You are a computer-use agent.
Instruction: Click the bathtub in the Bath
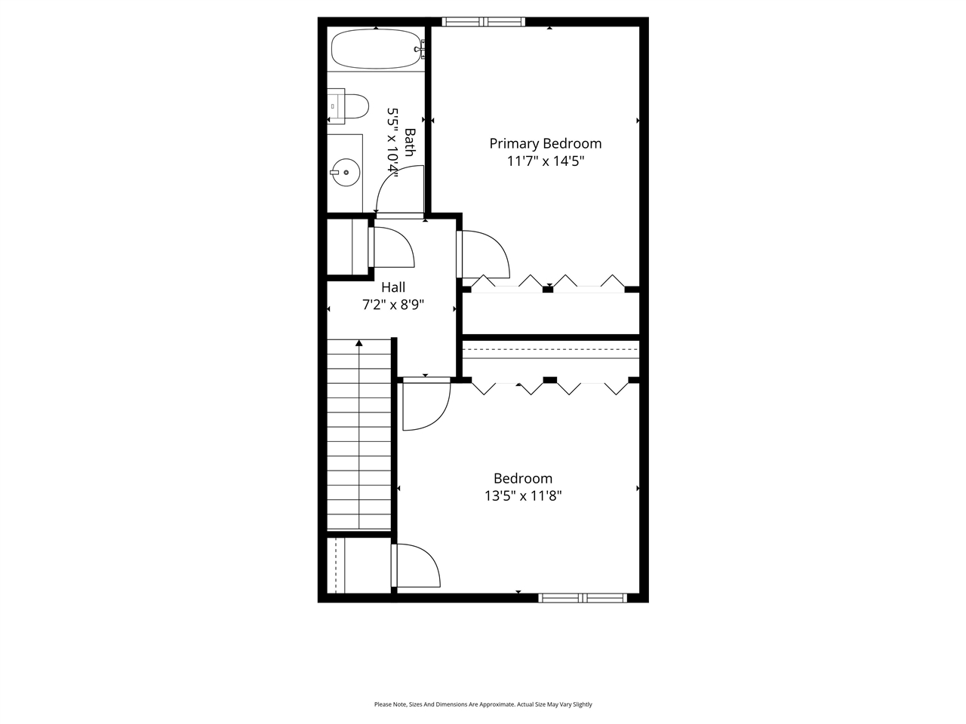point(375,48)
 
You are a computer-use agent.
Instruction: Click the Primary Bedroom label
point(546,143)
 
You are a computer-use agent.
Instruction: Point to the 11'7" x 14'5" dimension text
point(546,161)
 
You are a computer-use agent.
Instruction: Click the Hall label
point(393,287)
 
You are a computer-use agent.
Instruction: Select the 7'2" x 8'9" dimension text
point(393,305)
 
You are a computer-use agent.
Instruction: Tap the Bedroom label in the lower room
point(523,478)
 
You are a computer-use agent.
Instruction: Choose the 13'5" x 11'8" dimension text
point(523,496)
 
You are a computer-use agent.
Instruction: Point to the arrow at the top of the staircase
point(359,344)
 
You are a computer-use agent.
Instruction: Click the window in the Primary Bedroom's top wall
point(483,22)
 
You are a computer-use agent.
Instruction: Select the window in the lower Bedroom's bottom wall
point(583,598)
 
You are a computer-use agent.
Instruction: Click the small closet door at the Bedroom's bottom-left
point(414,566)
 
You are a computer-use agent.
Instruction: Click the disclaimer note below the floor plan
point(483,704)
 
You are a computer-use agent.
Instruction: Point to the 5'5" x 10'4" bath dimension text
point(392,140)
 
